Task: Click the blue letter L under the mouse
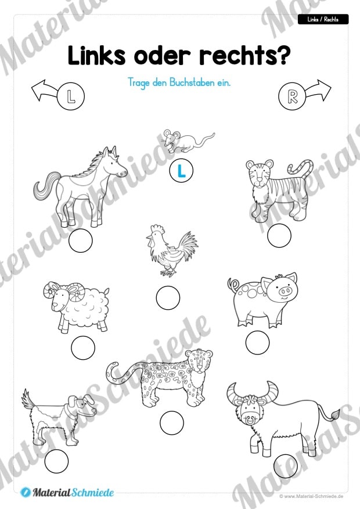pos(181,171)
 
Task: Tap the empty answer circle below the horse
pos(81,241)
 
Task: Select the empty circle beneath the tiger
pos(279,235)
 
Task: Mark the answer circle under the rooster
pos(168,297)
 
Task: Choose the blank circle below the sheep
pos(83,347)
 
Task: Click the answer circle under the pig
pos(257,342)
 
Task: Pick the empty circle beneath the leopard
pos(172,423)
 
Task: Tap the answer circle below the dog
pos(56,461)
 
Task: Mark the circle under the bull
pos(286,466)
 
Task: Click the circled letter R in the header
pos(292,96)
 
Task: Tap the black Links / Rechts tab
pos(323,20)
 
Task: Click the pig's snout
pos(286,291)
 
